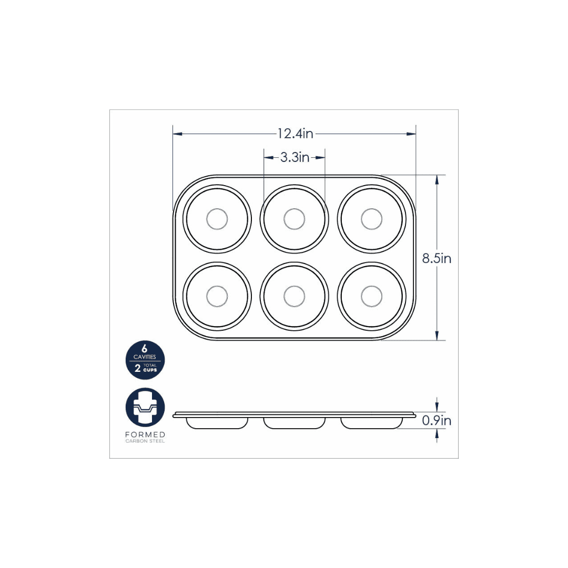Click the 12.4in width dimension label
(295, 134)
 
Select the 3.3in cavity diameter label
(295, 157)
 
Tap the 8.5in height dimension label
(437, 258)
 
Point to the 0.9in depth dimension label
(437, 421)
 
